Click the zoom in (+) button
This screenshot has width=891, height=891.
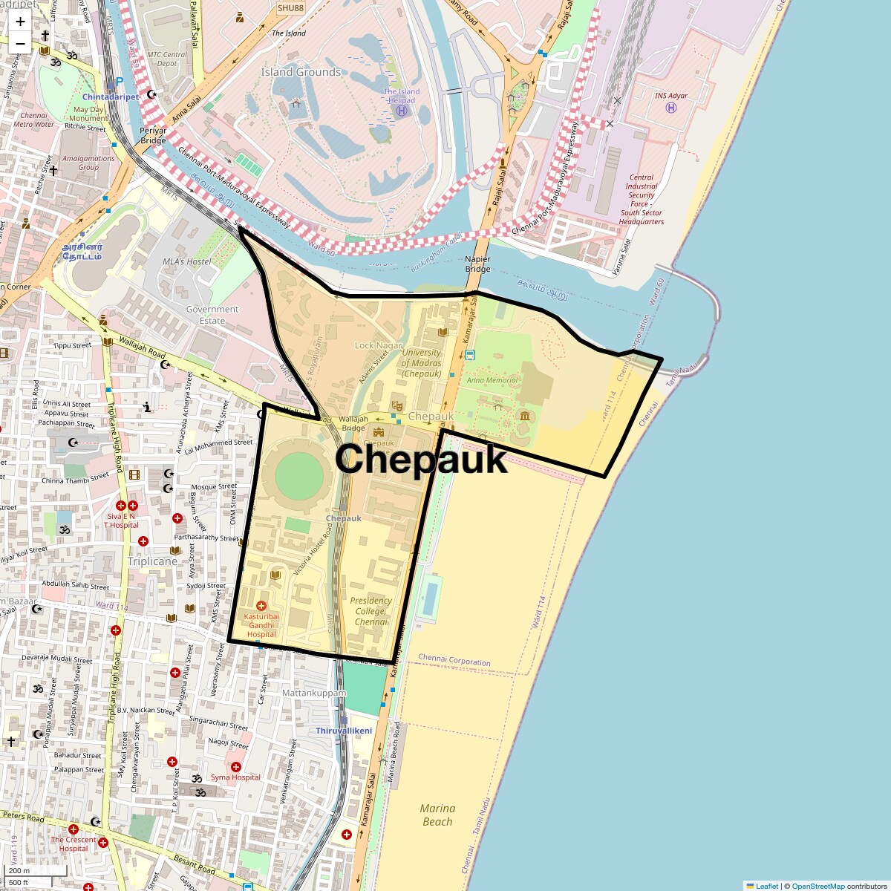tap(20, 22)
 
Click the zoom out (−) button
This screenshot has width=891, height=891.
tap(20, 43)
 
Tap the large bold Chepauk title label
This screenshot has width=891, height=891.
tap(421, 459)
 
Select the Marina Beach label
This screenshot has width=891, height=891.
tap(437, 815)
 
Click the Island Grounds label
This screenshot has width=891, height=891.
tap(301, 72)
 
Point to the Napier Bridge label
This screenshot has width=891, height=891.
tap(477, 264)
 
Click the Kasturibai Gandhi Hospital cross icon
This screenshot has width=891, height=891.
tap(261, 607)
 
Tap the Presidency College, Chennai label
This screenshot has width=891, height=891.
tap(371, 611)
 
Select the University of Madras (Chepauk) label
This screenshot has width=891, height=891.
tap(421, 363)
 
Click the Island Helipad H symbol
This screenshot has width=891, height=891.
tap(402, 111)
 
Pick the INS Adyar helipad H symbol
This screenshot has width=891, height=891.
tap(671, 108)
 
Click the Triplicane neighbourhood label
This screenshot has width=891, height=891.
tap(152, 561)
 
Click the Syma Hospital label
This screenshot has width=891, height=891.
tap(235, 777)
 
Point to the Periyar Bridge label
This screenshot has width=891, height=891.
tap(153, 135)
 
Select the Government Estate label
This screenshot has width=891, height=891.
tap(212, 315)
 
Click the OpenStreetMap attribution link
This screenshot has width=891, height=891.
tap(817, 886)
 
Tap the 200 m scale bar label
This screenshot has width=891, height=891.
tap(20, 871)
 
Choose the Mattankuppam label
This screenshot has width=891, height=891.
tap(314, 693)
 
